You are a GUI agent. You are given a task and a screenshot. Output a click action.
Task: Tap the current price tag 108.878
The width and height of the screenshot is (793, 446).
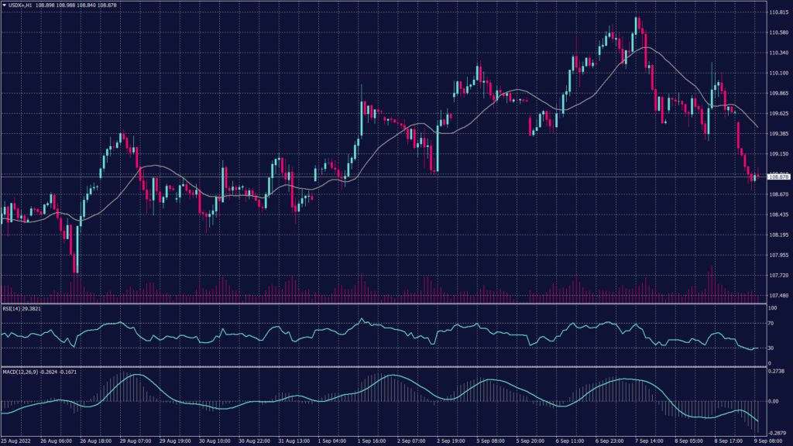click(x=778, y=177)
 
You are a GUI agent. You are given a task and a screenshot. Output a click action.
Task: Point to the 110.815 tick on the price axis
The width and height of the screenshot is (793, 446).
click(x=778, y=12)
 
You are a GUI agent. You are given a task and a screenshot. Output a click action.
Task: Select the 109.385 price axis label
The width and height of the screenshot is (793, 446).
click(x=778, y=134)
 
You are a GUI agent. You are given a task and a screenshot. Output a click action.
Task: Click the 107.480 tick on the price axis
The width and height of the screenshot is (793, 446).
click(x=778, y=296)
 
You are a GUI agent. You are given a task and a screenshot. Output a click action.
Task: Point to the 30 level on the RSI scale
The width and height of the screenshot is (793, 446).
click(x=771, y=348)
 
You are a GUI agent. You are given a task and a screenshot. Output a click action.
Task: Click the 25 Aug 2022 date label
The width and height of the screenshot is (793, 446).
click(x=18, y=441)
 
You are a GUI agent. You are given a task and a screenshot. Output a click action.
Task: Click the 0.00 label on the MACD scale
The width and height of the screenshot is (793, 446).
click(x=772, y=401)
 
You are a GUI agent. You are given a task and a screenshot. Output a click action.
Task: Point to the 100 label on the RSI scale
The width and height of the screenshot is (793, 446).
click(x=772, y=308)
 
